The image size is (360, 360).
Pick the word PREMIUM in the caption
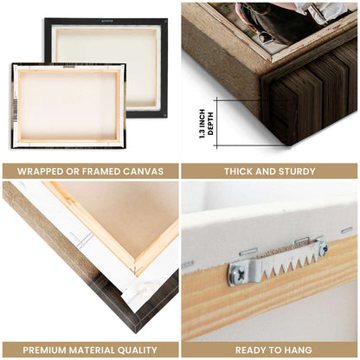tap(44, 350)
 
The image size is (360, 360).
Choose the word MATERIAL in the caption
tap(92, 350)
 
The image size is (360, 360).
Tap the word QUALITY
tap(138, 350)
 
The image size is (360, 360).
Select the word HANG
tap(299, 350)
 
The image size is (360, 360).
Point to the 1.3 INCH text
tap(202, 124)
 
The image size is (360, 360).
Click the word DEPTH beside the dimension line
tap(210, 124)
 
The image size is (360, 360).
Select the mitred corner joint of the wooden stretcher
tap(135, 266)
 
